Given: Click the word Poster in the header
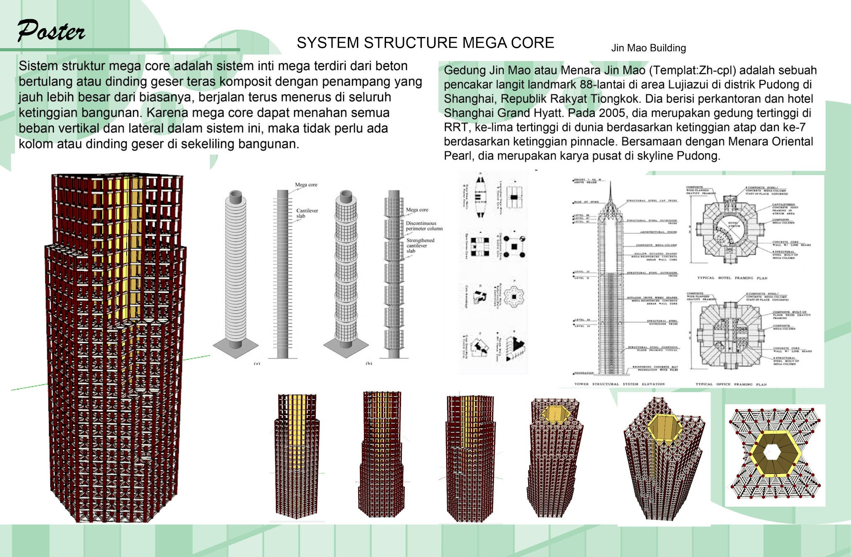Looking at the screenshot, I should click(51, 31).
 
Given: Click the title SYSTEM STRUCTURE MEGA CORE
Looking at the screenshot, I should click(425, 43).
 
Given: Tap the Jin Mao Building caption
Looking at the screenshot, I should click(648, 48).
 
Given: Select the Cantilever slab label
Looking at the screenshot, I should click(307, 213).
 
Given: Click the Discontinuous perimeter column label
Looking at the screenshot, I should click(424, 226).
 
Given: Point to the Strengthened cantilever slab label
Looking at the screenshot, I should click(420, 245).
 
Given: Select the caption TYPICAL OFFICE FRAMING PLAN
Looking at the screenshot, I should click(731, 384).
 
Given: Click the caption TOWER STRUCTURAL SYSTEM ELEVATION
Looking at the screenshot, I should click(619, 384).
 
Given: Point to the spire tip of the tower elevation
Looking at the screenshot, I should click(610, 183).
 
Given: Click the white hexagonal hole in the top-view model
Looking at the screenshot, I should click(772, 452).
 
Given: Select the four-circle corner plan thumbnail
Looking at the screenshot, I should click(514, 246).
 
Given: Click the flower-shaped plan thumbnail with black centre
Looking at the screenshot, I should click(514, 296).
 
